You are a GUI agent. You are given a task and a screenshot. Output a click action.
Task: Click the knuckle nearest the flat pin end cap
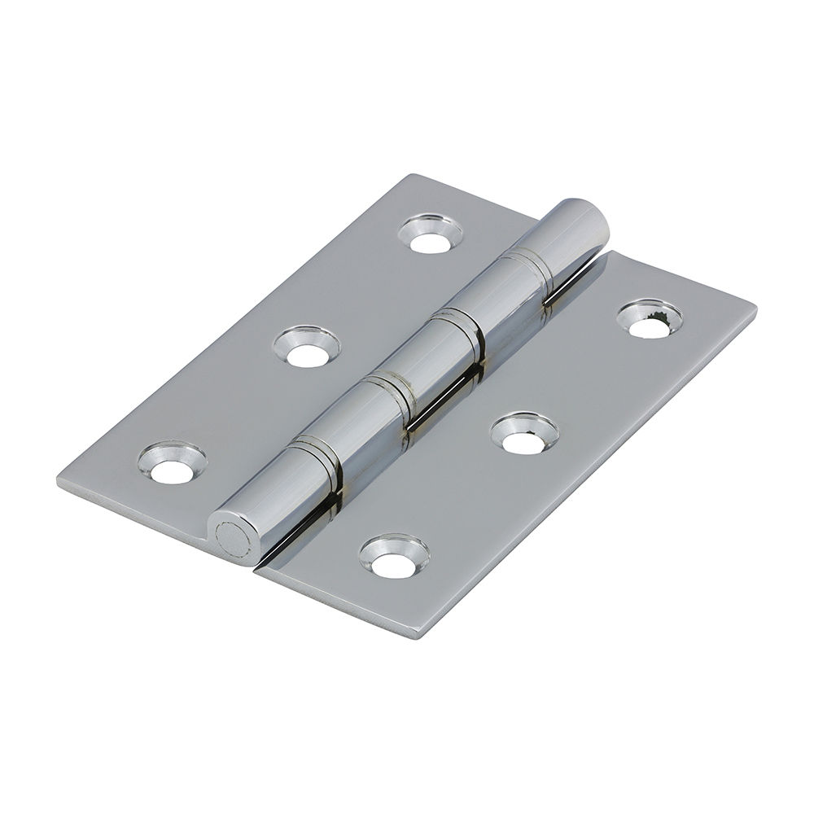point(277,497)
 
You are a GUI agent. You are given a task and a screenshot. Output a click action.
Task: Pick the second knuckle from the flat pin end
point(350,423)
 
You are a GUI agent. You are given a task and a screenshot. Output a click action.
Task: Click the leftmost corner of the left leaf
point(59,480)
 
